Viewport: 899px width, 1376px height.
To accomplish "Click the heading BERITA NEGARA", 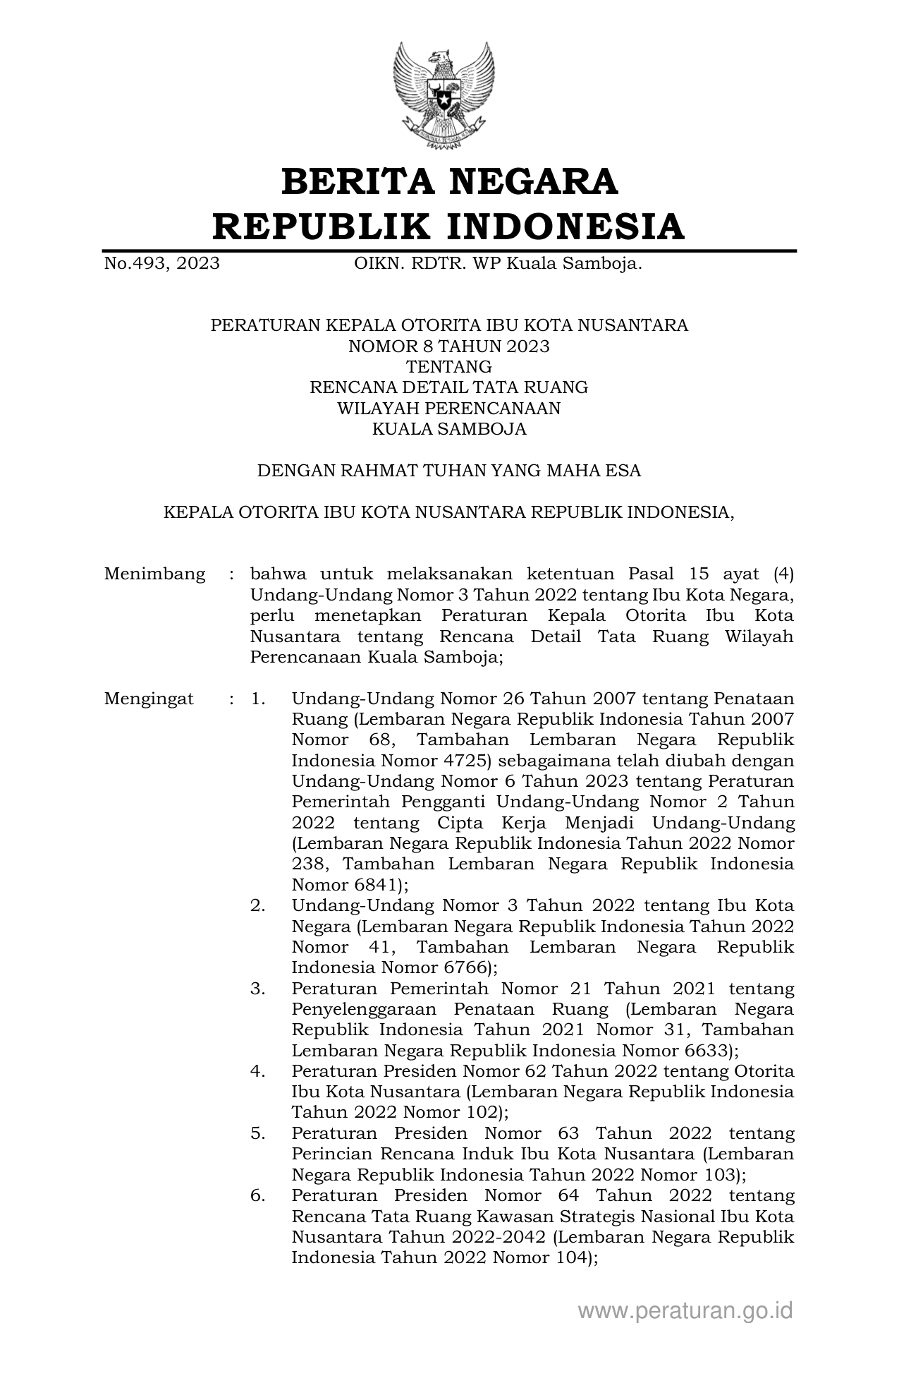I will coord(449,181).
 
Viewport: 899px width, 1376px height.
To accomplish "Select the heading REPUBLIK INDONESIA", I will coord(449,226).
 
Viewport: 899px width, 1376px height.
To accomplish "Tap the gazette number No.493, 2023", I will coord(161,264).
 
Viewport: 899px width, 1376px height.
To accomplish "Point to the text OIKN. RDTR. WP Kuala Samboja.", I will coord(498,264).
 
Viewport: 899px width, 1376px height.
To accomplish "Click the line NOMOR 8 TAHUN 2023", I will coord(449,346).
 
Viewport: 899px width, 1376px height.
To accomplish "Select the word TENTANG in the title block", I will coord(449,367).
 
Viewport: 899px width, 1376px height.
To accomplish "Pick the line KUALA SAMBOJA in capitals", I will coord(449,429).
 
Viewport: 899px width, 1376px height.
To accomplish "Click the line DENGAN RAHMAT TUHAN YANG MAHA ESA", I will coord(449,471).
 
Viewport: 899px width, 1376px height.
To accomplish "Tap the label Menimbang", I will coord(154,574).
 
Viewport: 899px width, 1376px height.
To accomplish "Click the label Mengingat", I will coord(149,699).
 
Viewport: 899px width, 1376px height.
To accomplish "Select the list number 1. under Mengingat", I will coord(258,699).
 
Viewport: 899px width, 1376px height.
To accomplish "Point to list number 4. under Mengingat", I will coord(258,1071).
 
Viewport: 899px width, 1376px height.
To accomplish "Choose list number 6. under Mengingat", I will coord(258,1195).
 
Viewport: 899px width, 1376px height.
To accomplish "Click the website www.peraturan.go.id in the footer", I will coord(685,1310).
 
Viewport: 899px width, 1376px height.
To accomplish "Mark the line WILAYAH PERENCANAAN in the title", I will coord(449,409).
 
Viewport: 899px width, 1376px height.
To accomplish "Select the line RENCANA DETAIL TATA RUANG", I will coord(449,387).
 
